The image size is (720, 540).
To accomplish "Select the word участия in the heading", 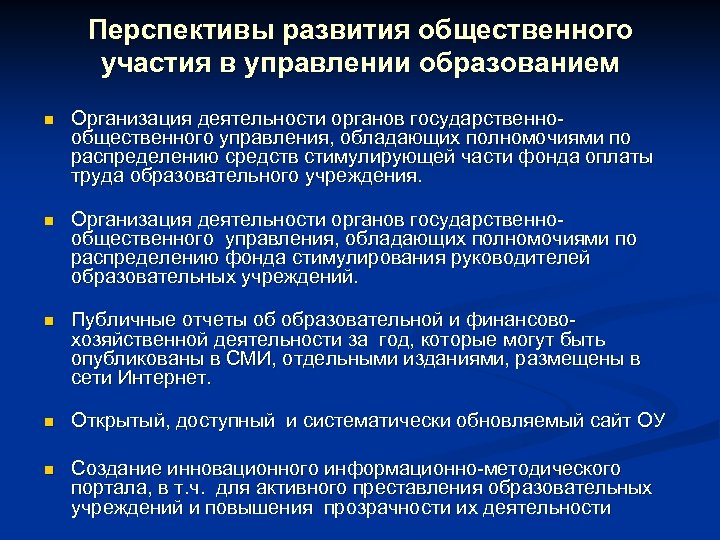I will coord(154,64).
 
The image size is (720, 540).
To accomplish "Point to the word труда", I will coord(95,176).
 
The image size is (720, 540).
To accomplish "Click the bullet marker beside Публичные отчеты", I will coord(47,321).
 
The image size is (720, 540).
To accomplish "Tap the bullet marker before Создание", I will coord(47,470).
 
